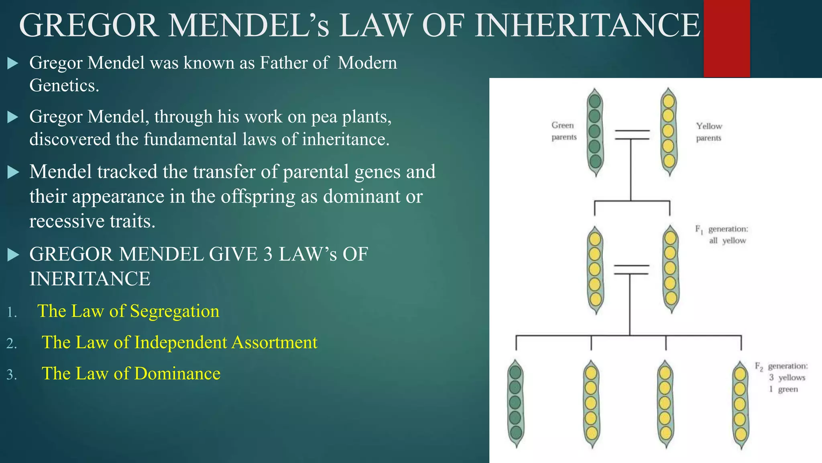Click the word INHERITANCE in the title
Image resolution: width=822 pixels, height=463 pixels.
[x=588, y=26]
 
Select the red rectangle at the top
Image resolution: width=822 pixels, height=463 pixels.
[x=726, y=39]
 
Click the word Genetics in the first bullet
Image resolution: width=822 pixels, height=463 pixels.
[x=63, y=85]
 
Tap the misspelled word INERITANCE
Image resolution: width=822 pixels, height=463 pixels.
[x=90, y=279]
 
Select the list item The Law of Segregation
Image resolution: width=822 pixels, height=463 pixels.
[x=128, y=311]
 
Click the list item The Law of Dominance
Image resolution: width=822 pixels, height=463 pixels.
[x=131, y=374]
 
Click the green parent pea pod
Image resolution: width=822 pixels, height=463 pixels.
[x=595, y=132]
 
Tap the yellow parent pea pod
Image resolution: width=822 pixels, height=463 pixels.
[x=668, y=132]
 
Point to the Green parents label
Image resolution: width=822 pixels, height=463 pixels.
[x=564, y=131]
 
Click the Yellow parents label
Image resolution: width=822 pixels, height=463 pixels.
[x=709, y=132]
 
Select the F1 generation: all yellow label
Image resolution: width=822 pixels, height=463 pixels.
[x=722, y=235]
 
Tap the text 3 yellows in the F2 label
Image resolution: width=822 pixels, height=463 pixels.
[x=787, y=377]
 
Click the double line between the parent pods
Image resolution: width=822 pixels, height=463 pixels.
[x=632, y=135]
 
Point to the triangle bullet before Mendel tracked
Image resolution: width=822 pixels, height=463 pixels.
[x=13, y=172]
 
